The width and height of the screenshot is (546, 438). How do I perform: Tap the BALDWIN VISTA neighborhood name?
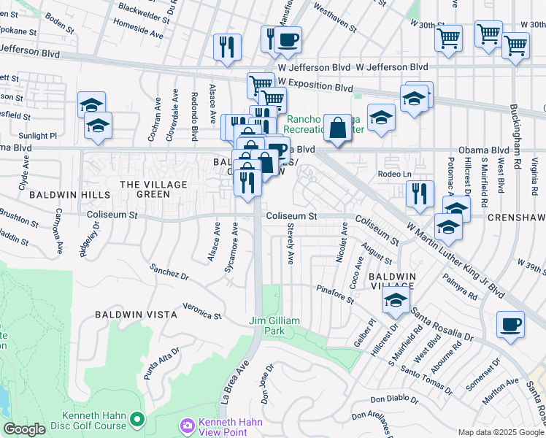pos(136,315)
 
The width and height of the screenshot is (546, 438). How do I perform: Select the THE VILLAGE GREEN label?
pos(144,190)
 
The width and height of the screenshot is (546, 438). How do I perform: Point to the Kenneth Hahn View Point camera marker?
pos(188,425)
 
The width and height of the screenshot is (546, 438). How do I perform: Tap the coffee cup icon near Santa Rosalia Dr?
pos(510,323)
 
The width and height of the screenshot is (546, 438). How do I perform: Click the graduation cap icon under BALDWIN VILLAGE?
pos(396,300)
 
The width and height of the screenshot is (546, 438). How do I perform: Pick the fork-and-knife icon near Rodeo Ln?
pos(420,193)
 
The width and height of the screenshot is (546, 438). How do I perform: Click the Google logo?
pos(25,429)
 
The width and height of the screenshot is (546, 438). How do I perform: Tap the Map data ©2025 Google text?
pos(501,431)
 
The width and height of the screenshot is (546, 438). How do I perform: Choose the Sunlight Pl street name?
pos(39,136)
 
